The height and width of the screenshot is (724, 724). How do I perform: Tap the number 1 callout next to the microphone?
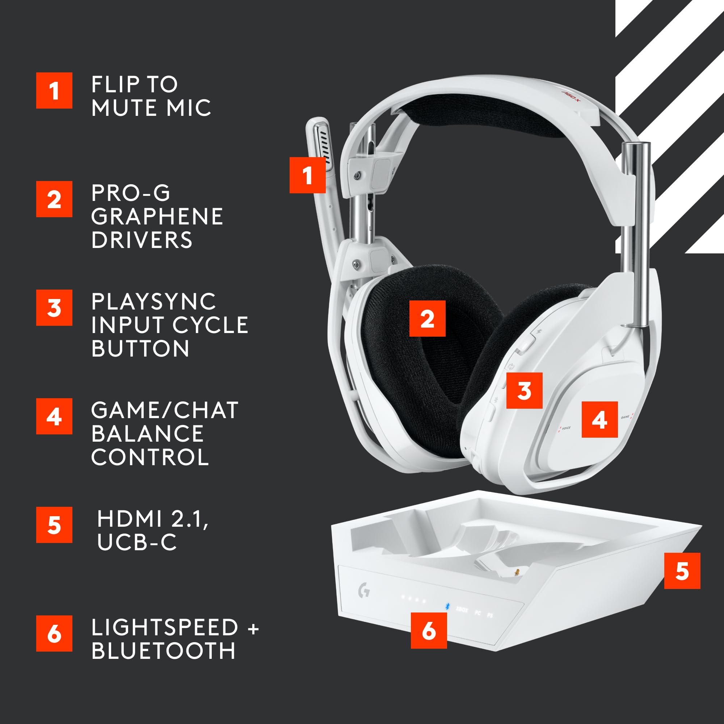[307, 175]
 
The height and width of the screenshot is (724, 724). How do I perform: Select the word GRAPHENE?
[157, 216]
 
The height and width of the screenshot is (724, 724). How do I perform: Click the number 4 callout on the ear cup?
[599, 419]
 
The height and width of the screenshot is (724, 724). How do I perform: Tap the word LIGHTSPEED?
[164, 627]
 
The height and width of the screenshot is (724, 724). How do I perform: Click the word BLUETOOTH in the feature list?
[163, 651]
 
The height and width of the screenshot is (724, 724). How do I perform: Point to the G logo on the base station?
[363, 592]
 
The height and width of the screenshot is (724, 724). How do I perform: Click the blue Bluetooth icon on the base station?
[447, 606]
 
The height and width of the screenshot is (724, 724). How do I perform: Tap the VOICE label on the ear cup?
[566, 428]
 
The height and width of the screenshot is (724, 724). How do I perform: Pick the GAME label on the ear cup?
[625, 417]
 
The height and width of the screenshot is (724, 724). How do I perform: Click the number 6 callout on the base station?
[429, 630]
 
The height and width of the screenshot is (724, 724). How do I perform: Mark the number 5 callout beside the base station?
[682, 571]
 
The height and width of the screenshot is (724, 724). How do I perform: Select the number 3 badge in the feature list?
[54, 307]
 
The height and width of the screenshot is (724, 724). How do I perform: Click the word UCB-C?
[136, 542]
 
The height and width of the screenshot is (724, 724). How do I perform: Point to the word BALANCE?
[147, 434]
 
